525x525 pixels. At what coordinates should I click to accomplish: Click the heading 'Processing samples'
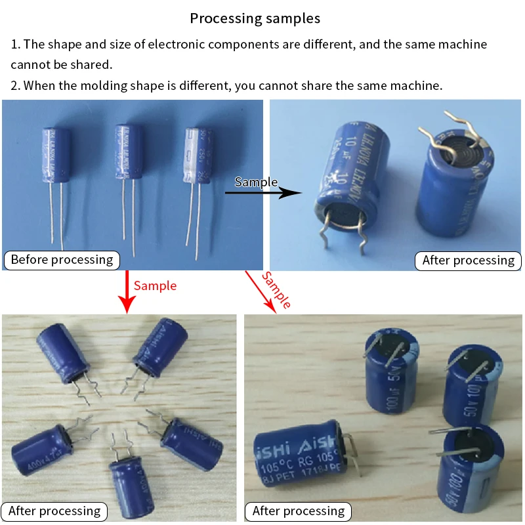(x=255, y=18)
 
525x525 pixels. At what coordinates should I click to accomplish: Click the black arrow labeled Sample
(x=262, y=193)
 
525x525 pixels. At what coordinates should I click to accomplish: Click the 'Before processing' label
(x=62, y=260)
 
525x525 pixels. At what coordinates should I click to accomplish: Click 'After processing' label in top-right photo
(x=468, y=261)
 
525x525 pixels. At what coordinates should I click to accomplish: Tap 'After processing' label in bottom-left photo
(x=54, y=511)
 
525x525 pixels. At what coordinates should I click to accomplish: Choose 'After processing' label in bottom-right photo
(x=298, y=511)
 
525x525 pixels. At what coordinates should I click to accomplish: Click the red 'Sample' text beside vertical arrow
(x=155, y=285)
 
